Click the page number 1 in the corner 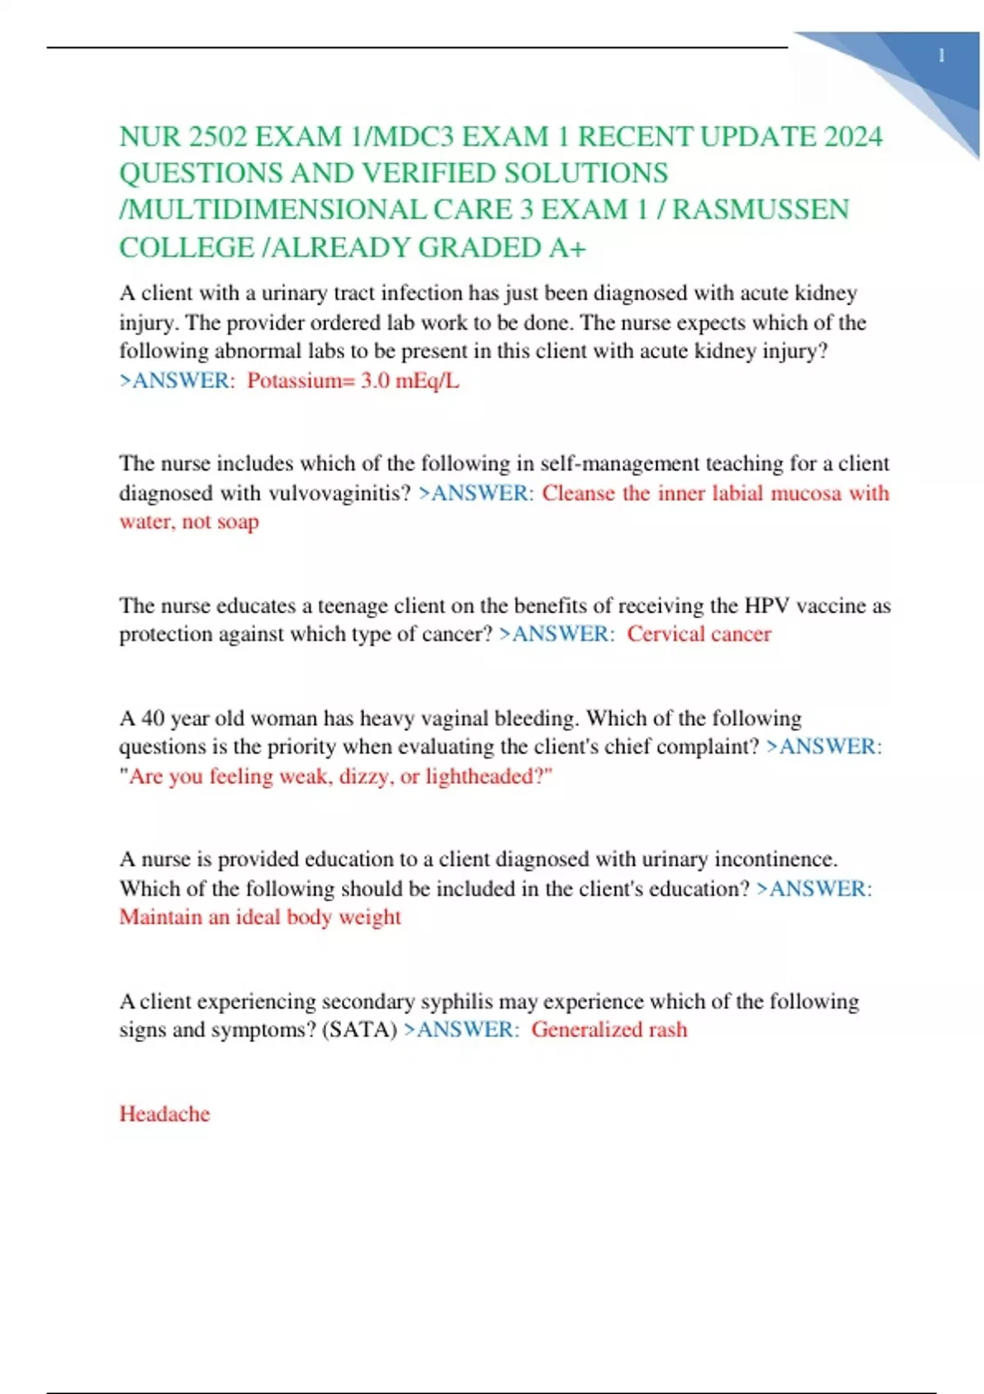941,56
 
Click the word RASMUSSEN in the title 760,210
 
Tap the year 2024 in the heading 853,136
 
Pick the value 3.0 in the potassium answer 376,380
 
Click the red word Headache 165,1114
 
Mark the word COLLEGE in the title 186,247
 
